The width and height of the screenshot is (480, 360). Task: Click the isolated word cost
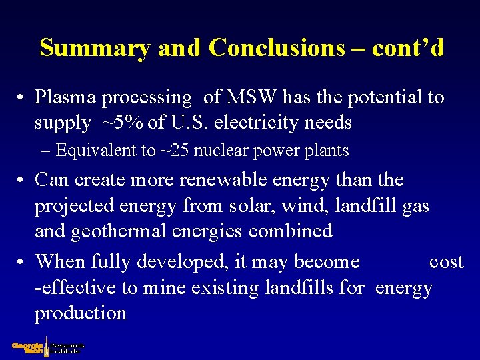click(446, 261)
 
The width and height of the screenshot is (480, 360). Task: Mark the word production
click(80, 313)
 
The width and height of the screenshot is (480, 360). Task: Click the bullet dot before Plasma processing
click(22, 98)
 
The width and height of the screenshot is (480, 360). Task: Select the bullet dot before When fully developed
click(22, 262)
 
